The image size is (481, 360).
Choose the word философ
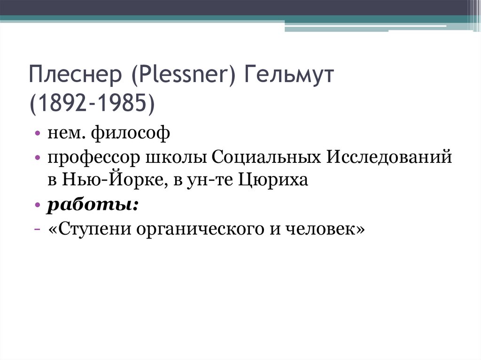point(129,136)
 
